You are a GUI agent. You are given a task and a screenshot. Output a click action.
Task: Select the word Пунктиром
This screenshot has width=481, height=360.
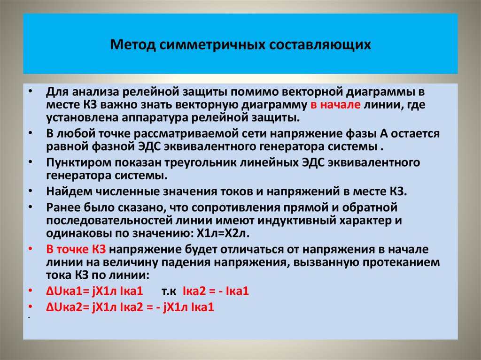(76, 162)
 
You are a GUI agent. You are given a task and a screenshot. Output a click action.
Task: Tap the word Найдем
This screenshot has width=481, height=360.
(66, 191)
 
